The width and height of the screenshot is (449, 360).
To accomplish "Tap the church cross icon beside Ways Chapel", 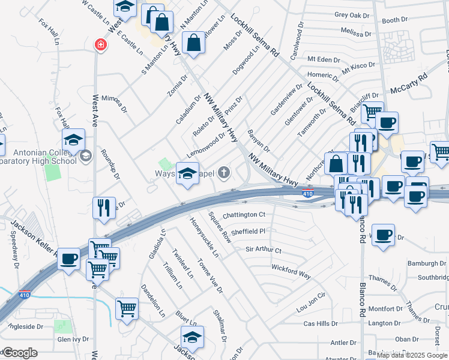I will (224, 174).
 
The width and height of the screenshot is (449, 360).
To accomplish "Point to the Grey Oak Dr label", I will (352, 14).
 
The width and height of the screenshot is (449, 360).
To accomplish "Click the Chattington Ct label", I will (244, 215).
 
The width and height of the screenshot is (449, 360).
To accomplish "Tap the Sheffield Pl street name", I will (247, 231).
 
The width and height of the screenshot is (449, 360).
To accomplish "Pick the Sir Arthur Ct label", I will (263, 249).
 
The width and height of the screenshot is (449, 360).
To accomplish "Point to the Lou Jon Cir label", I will (310, 304).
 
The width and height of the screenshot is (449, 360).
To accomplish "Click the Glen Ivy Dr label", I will (73, 340).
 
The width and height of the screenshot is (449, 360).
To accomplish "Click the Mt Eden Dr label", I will (324, 59).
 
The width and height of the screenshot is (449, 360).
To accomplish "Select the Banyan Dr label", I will (259, 140).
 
